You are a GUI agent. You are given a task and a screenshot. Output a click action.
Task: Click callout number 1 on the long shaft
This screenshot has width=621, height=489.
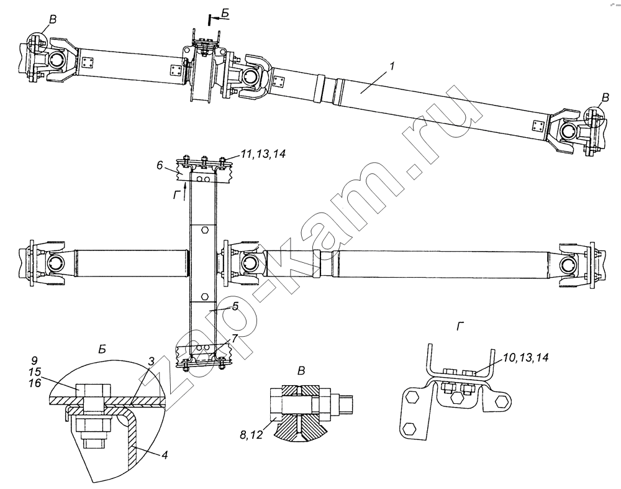[x=392, y=66]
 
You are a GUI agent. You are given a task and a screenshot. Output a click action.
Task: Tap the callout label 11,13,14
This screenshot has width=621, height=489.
[x=263, y=153]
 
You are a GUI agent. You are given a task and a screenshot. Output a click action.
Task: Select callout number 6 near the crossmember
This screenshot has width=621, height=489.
[x=160, y=165]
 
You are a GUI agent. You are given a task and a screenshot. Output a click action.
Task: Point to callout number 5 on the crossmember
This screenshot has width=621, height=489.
[x=235, y=306]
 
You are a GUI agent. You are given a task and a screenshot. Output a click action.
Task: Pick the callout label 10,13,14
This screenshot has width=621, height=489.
[x=525, y=358]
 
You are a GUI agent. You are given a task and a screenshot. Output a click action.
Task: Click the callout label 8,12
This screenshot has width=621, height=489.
[x=251, y=435]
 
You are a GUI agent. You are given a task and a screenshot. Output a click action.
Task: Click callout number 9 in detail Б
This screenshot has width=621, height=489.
[x=35, y=360]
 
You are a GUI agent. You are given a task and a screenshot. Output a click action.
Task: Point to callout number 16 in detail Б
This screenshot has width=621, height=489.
[x=35, y=383]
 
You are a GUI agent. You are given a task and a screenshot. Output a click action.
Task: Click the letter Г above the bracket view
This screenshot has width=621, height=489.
[x=460, y=326]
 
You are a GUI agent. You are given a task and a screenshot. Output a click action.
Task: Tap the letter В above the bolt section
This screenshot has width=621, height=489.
[x=302, y=372]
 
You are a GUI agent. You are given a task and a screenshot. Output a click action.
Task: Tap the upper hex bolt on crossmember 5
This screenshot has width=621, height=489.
[x=204, y=230]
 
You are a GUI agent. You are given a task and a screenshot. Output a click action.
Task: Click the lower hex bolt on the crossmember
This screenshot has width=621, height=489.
[x=204, y=296]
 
